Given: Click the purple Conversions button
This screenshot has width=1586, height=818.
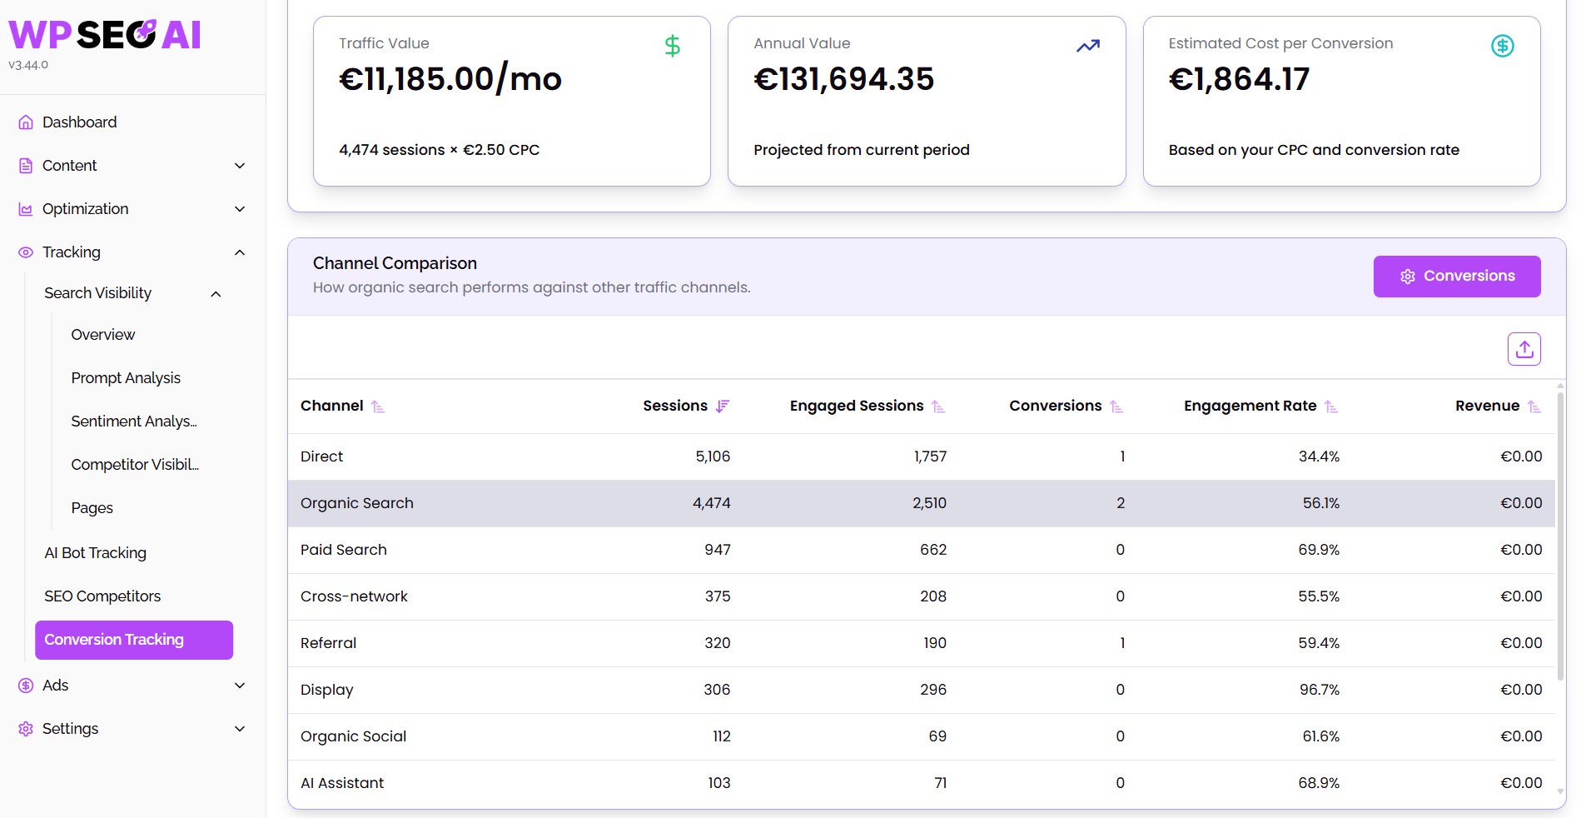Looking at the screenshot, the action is point(1457,277).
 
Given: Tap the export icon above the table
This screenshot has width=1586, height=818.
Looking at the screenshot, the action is point(1524,349).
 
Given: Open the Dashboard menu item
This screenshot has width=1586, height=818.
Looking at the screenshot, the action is point(79,122).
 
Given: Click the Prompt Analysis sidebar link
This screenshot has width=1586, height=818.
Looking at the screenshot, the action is point(126,378).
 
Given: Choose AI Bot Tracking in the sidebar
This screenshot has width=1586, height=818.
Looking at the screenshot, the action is point(95,553).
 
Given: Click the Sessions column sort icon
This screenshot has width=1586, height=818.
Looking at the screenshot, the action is point(723,407).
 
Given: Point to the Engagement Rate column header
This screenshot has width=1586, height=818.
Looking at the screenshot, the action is point(1250,406).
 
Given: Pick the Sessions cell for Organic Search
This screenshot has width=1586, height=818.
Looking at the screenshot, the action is point(712,503).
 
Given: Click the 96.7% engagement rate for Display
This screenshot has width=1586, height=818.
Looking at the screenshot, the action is point(1320,690).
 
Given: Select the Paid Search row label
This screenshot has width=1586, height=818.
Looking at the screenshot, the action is point(344,550).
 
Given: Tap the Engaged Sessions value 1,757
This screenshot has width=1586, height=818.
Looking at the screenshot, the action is point(930,456).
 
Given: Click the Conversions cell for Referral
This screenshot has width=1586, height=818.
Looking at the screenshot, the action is point(1122,643).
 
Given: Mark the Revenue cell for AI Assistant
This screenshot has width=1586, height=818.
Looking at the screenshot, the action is point(1521,783).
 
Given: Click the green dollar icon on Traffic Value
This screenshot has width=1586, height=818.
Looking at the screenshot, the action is point(673,46).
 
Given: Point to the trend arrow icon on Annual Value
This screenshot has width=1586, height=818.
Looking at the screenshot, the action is point(1088,46).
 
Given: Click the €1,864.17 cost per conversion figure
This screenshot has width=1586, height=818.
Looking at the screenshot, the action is point(1239,79).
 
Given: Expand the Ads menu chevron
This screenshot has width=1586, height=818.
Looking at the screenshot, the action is point(240,686).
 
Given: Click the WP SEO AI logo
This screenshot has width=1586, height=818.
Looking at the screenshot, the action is point(105,35).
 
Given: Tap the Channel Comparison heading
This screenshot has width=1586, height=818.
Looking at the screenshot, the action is point(395,263).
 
